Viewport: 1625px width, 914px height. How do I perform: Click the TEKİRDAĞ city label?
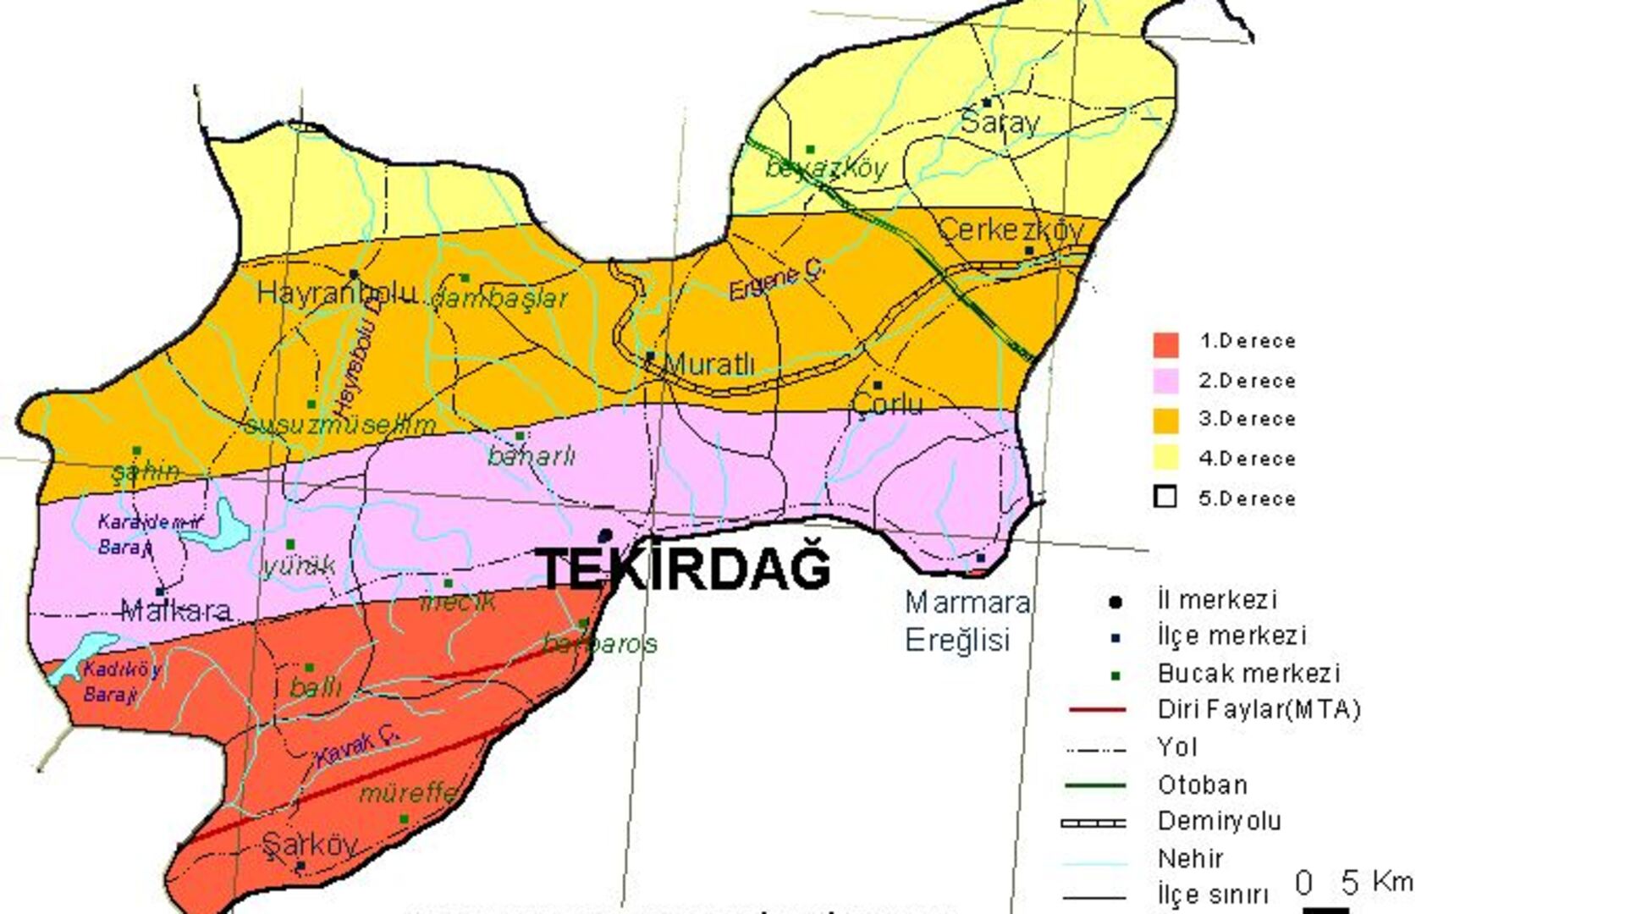(x=684, y=569)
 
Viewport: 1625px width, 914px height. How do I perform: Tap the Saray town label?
(x=1000, y=123)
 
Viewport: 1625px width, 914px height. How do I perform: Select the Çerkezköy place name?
(x=1011, y=229)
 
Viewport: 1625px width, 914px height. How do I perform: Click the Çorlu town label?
(x=888, y=404)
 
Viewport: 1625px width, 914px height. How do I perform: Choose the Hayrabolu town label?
(x=337, y=293)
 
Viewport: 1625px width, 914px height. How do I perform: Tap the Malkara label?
(x=176, y=610)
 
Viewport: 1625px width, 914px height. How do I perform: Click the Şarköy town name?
(x=309, y=845)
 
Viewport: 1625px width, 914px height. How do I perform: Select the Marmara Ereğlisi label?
(x=967, y=620)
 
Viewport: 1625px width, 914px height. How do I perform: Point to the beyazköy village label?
(x=826, y=168)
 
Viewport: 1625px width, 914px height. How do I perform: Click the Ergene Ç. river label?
(x=777, y=280)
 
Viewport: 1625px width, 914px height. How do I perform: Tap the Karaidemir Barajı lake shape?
(x=222, y=525)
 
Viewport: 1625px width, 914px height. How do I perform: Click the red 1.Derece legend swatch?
(x=1165, y=344)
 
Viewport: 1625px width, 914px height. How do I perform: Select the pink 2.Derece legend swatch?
(x=1165, y=381)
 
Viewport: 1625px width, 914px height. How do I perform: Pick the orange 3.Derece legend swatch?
(x=1165, y=420)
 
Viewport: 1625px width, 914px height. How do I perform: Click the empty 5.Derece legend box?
(x=1165, y=497)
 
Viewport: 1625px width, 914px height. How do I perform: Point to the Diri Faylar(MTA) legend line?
(x=1097, y=709)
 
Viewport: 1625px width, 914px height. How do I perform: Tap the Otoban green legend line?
(x=1095, y=785)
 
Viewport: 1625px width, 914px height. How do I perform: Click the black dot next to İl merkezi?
(x=1115, y=602)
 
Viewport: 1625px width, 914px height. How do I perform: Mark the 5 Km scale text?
(x=1376, y=882)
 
